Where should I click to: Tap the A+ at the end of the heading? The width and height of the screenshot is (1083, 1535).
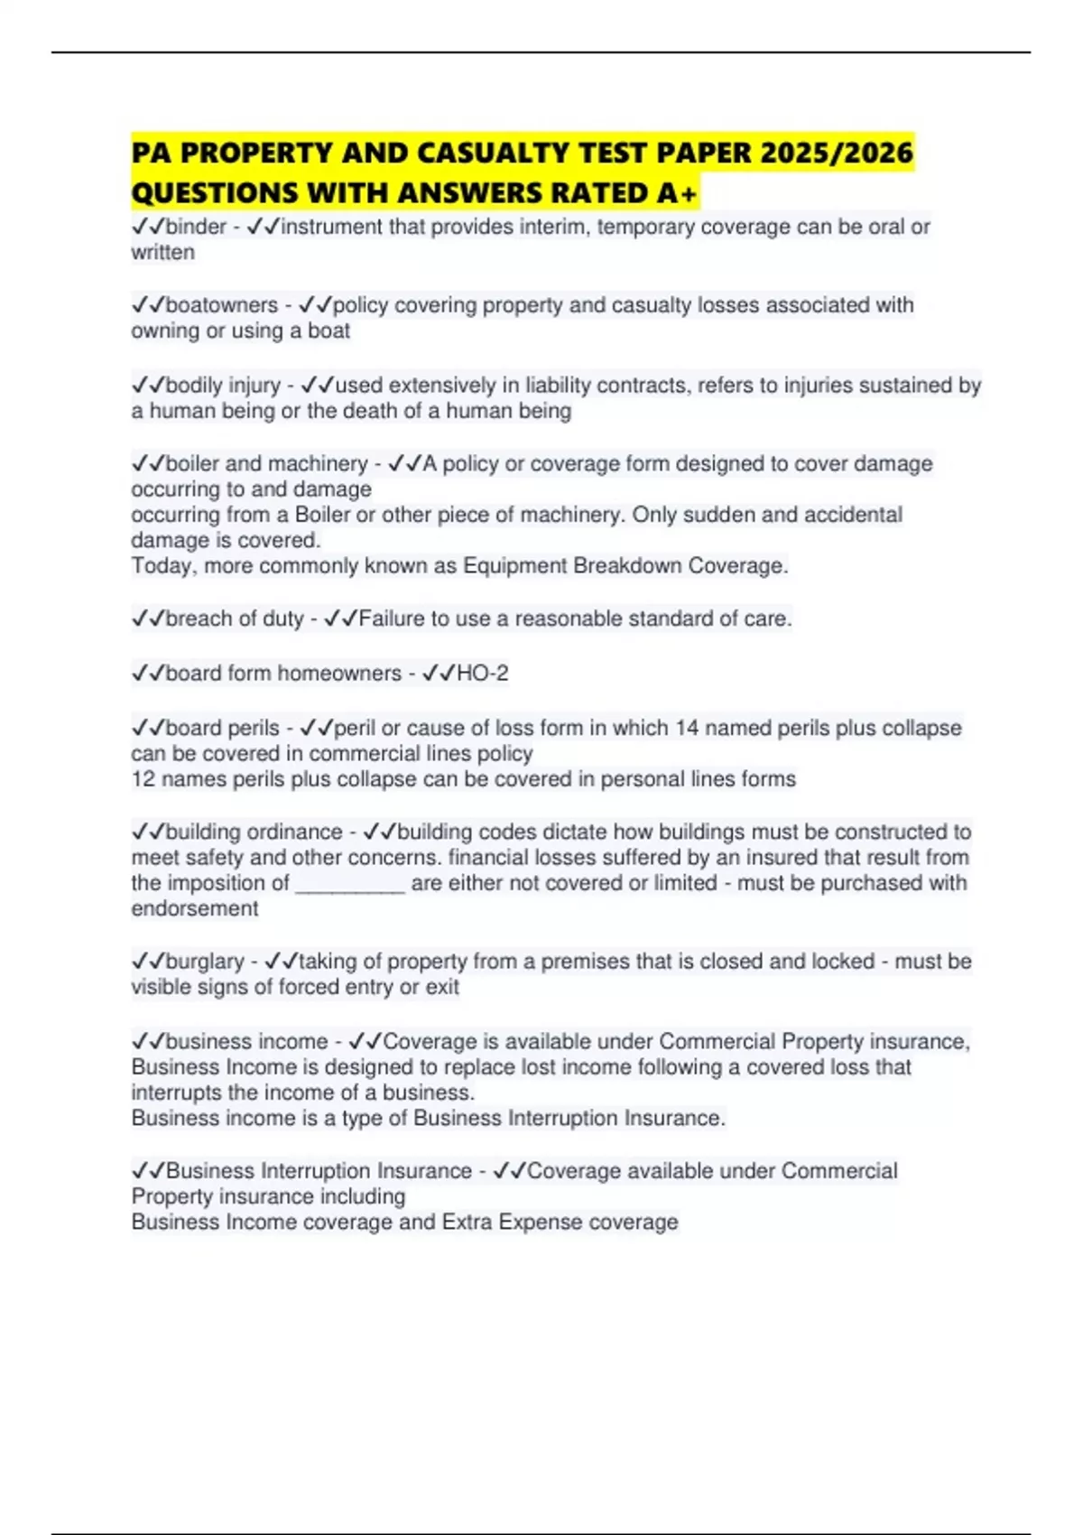678,193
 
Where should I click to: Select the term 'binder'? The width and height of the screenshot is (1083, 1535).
196,227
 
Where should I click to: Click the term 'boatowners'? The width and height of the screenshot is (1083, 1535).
221,305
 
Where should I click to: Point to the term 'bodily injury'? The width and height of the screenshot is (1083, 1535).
223,386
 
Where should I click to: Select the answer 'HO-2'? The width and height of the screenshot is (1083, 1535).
483,674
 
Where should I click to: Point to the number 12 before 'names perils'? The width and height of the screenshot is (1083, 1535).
143,779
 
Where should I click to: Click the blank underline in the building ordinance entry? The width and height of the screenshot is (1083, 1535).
350,884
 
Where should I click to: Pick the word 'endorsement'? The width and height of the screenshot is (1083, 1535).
195,908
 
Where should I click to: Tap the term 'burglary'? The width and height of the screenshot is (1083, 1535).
205,962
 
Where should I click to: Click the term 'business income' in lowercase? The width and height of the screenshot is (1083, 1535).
246,1042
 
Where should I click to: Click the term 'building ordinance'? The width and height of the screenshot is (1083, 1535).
254,832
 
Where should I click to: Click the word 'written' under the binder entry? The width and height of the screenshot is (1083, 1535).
163,253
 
